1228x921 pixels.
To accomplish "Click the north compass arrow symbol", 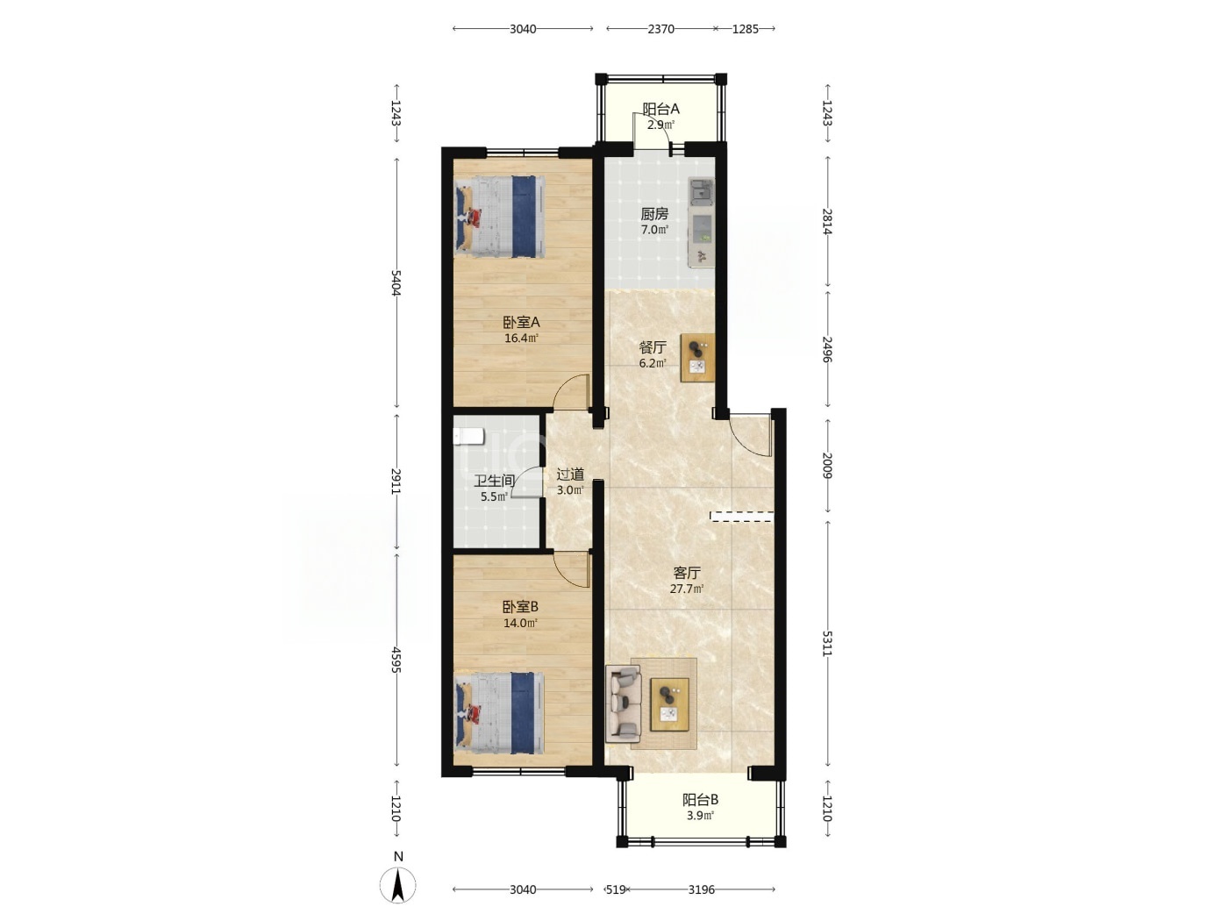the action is click(397, 886).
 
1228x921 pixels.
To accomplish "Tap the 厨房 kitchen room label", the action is click(654, 214).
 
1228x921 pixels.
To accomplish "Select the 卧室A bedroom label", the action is click(521, 323).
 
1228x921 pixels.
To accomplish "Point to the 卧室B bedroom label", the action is click(520, 607).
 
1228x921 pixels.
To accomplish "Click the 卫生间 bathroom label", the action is click(495, 481).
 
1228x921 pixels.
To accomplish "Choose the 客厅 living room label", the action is click(687, 573).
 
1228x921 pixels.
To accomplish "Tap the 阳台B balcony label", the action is click(701, 800).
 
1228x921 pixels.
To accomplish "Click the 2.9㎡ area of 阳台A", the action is click(660, 125).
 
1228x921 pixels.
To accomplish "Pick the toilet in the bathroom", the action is click(468, 437).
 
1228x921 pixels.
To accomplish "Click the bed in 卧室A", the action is click(500, 217).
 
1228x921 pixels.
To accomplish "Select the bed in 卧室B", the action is click(500, 713).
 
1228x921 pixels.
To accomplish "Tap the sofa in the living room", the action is click(624, 703).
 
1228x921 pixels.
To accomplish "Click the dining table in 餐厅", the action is click(697, 358).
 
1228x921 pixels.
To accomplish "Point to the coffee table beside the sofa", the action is click(669, 704).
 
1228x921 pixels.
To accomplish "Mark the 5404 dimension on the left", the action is click(396, 283).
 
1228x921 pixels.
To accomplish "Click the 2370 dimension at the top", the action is click(660, 29).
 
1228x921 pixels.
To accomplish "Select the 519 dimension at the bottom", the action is click(616, 889).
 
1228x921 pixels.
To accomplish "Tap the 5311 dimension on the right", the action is click(827, 644).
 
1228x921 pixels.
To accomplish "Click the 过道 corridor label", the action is click(571, 475).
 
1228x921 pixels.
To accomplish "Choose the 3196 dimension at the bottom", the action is click(701, 889).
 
